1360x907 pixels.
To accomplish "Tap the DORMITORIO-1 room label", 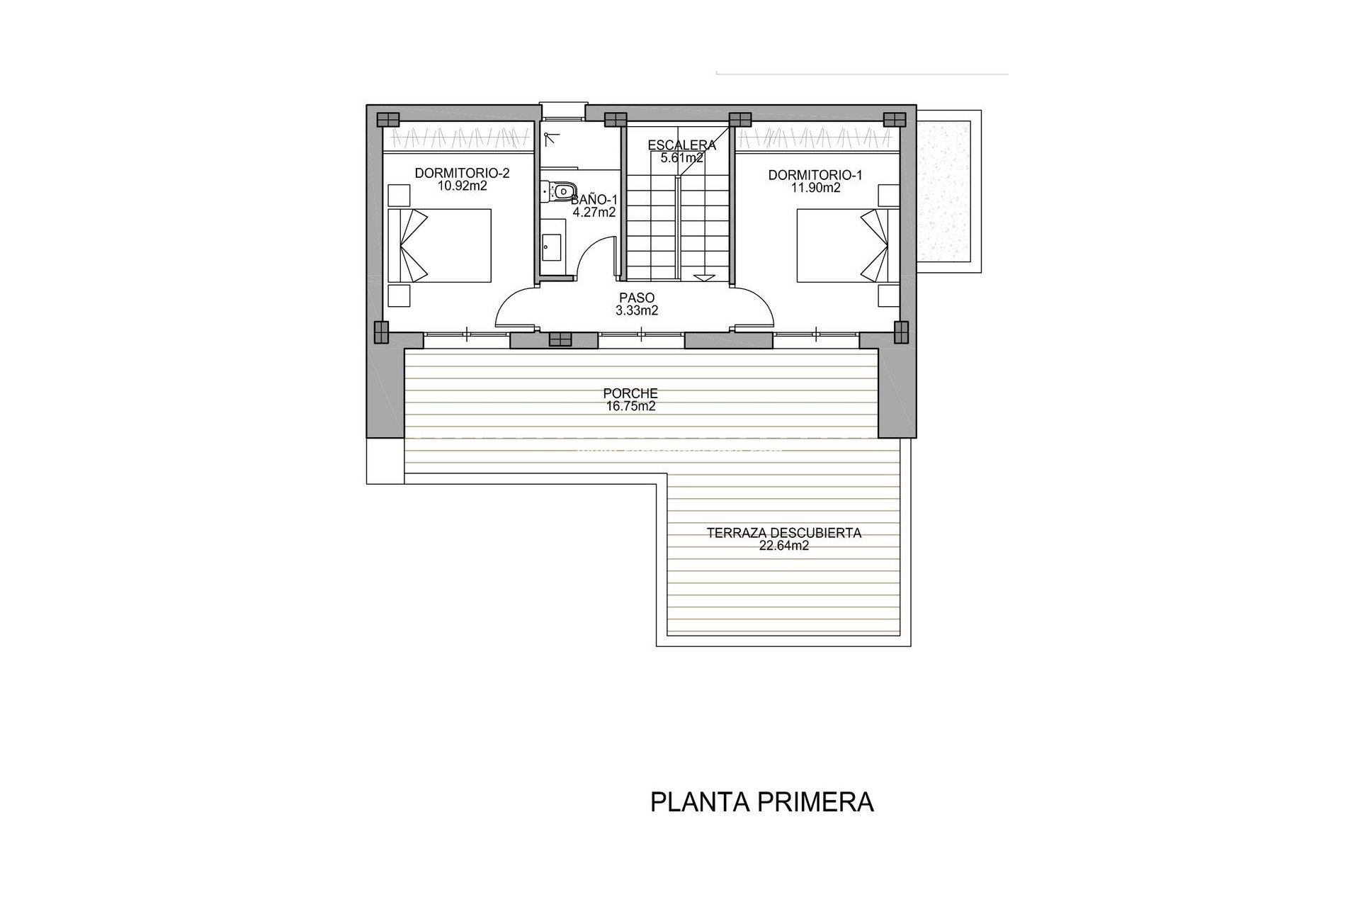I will pos(815,175).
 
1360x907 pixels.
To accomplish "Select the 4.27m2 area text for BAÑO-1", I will pos(594,211).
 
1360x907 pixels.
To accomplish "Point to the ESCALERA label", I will pos(682,145).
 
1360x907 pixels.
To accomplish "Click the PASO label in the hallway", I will pos(637,298).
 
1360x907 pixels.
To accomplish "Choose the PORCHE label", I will pos(630,393).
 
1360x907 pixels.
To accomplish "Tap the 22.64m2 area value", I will pos(783,546).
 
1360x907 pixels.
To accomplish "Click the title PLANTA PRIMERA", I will pos(762,802).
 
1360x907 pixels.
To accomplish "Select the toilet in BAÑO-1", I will pos(560,191).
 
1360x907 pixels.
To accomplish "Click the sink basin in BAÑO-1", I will pos(551,245).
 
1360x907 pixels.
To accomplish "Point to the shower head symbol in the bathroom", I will pos(549,139).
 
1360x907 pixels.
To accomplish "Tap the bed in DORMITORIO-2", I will pos(440,245).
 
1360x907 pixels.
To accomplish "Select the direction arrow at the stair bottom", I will pos(704,278).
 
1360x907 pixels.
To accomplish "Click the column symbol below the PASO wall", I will pos(559,340).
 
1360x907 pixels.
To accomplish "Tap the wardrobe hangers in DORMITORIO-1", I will pos(817,135).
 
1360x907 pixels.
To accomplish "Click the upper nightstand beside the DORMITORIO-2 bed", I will pos(399,195).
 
